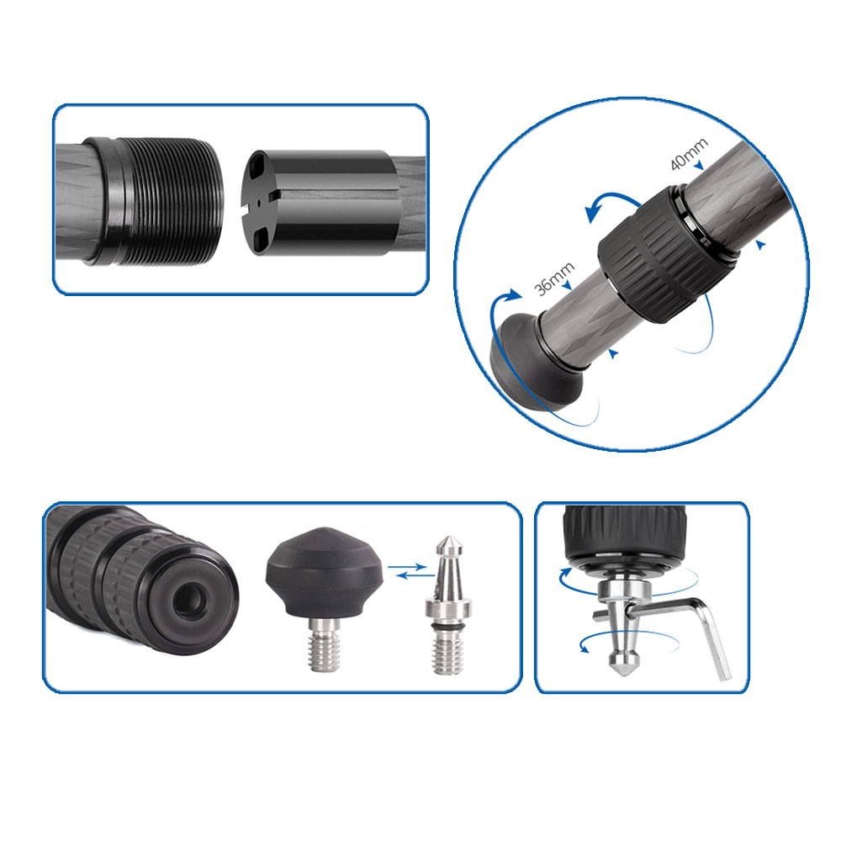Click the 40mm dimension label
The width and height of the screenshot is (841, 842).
pyautogui.click(x=688, y=153)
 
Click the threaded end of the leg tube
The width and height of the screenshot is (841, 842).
pyautogui.click(x=165, y=199)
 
